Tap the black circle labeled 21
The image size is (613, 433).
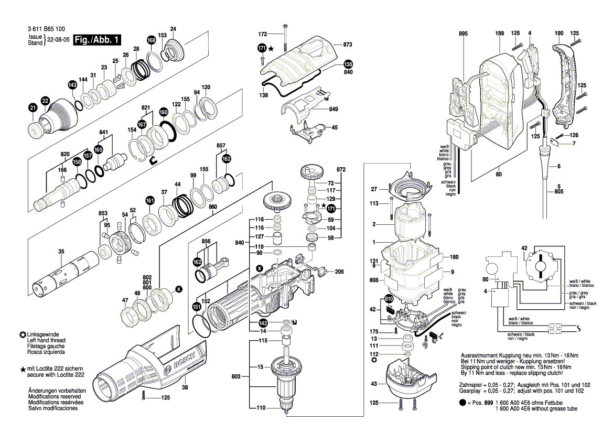[33, 108]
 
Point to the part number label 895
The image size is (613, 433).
[463, 34]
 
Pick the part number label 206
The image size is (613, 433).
[339, 272]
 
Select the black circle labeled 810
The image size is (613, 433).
[389, 299]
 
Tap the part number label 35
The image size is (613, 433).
[61, 252]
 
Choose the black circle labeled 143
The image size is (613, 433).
[72, 85]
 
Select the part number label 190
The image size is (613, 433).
[558, 34]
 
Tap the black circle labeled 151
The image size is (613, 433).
[196, 307]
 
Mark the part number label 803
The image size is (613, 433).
[236, 377]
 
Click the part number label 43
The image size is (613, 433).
[373, 384]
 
